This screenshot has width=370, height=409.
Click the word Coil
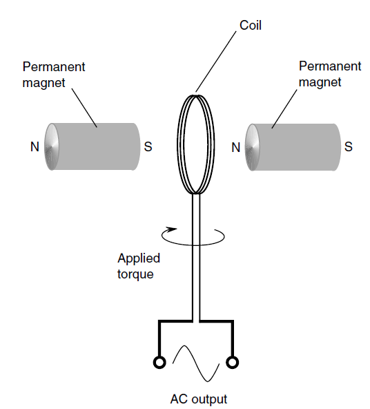(x=251, y=26)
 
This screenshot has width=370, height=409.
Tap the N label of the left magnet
(x=35, y=147)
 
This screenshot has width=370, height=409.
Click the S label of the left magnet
(x=148, y=146)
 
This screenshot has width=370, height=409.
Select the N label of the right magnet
(x=236, y=148)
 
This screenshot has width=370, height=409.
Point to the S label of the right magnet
(x=349, y=146)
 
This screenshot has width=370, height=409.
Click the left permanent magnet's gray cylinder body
(x=97, y=146)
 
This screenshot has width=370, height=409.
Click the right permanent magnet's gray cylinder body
(x=297, y=147)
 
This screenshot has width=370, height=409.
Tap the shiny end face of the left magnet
(x=52, y=146)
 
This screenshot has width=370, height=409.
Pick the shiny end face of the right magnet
(x=252, y=147)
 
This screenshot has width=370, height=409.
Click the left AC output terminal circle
(x=159, y=362)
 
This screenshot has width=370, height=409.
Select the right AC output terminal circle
(x=232, y=362)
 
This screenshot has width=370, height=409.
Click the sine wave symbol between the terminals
(x=196, y=363)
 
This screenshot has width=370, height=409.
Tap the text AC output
(x=199, y=399)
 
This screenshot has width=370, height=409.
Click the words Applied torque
(x=139, y=266)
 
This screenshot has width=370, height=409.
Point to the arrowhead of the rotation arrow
(x=172, y=229)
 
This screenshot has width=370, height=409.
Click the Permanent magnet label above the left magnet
(x=54, y=75)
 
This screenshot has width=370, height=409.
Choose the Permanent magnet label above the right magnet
(x=330, y=74)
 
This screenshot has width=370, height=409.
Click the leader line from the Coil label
(x=216, y=61)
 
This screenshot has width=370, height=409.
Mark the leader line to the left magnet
(x=84, y=108)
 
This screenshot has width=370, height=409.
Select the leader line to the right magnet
(x=284, y=109)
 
